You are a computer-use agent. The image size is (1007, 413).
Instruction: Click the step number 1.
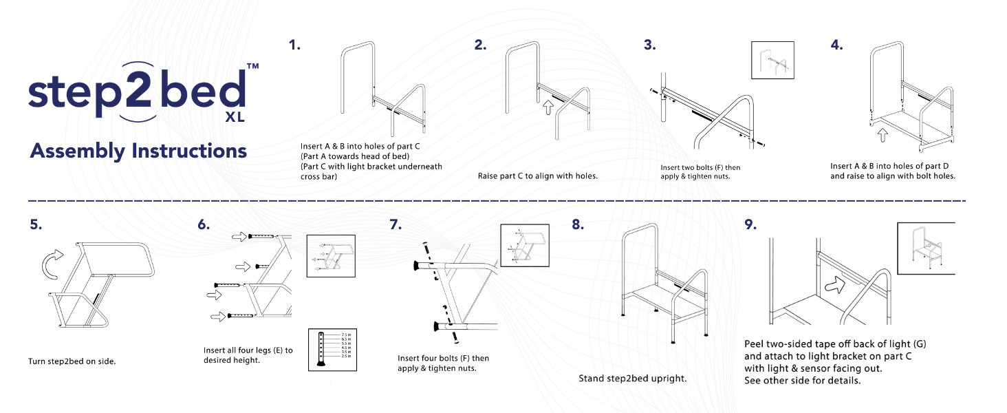[294, 46]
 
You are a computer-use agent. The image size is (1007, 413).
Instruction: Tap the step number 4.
[836, 46]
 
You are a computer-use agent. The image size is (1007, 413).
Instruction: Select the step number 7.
[395, 224]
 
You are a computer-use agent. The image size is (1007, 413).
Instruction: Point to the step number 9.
[750, 224]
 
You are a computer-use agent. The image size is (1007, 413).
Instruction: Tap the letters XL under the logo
[235, 117]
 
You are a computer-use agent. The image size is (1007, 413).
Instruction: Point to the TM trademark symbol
[252, 67]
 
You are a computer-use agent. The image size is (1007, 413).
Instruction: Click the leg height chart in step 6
[331, 350]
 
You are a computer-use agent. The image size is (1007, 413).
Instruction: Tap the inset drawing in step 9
[926, 248]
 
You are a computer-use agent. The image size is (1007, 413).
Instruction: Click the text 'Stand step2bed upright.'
[632, 379]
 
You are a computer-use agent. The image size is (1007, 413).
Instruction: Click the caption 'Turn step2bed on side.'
[72, 361]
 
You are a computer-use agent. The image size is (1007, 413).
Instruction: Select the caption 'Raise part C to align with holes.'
[537, 176]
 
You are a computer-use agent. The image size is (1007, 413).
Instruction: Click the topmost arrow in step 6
[239, 236]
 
